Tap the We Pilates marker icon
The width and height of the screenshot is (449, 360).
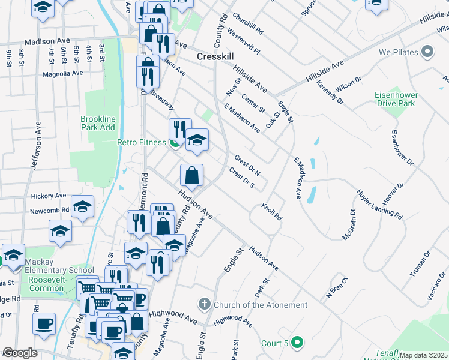tap(427, 52)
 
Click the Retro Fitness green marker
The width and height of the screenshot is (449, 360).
tap(175, 142)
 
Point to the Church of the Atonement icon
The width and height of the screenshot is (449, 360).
tap(204, 305)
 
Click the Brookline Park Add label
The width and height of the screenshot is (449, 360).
tap(98, 123)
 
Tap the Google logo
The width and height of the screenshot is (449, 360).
tap(20, 353)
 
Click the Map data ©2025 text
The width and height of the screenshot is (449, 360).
tap(424, 355)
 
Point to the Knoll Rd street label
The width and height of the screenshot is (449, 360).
tap(271, 211)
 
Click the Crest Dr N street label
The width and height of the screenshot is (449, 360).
tap(247, 166)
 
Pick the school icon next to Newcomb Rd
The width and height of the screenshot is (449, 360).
tap(82, 206)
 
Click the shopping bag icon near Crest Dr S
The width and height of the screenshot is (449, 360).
tap(191, 175)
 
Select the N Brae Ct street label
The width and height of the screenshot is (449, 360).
tap(337, 287)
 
